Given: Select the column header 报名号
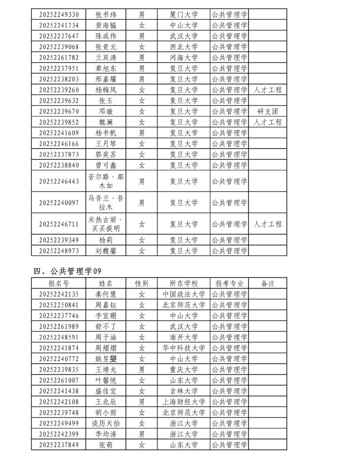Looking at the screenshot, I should click(59, 283).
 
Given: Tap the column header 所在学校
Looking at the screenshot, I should click(183, 283).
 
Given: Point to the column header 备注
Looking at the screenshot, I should click(268, 283).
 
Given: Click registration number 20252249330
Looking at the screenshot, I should click(59, 14).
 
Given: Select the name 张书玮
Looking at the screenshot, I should click(106, 14).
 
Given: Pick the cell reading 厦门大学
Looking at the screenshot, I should click(183, 14).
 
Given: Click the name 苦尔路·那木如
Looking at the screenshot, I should click(106, 181).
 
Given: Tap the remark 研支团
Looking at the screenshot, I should click(268, 111).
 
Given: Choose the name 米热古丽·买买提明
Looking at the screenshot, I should click(106, 224).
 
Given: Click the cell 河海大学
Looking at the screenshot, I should click(183, 57).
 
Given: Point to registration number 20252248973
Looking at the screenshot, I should click(59, 251).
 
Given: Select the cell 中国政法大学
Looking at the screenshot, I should click(183, 294).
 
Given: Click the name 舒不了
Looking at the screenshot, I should click(106, 326).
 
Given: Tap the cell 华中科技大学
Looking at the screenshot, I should click(183, 348).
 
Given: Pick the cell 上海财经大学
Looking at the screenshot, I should click(183, 402).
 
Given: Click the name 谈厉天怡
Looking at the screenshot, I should click(106, 423).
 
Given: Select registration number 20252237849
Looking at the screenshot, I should click(59, 445).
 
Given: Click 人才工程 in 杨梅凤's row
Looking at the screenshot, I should click(268, 90).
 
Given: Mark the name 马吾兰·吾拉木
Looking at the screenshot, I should click(106, 202).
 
